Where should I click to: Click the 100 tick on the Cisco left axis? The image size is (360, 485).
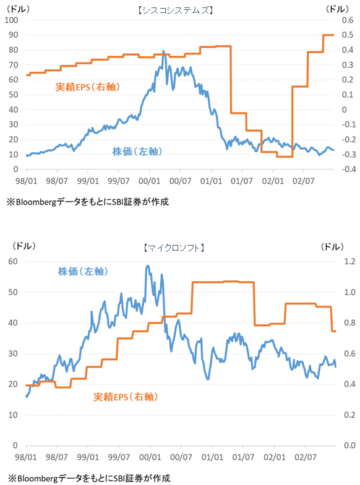coord(12,20)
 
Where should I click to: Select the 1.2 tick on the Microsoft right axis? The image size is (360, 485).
coord(349,262)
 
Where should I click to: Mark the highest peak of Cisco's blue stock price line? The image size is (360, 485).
coord(163,51)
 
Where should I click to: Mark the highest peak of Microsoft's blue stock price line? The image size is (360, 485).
coord(147,266)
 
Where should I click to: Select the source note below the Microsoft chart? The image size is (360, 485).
coord(87,478)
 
